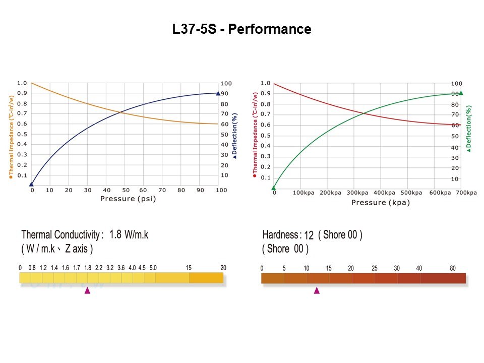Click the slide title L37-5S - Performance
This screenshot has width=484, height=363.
[241, 29]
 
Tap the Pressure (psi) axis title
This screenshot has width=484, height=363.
[128, 199]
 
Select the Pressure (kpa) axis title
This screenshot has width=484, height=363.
[381, 203]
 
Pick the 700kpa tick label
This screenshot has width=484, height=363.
[467, 193]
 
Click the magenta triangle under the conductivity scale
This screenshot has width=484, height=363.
[87, 290]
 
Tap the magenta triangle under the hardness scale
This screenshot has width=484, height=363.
[317, 290]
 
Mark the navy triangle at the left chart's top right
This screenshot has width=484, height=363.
[218, 93]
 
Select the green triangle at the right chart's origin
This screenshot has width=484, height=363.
[274, 188]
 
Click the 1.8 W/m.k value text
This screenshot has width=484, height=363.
[129, 234]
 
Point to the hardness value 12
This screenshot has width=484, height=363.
[309, 235]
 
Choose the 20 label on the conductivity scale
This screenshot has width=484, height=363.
[223, 268]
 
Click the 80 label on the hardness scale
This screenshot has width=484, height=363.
[452, 268]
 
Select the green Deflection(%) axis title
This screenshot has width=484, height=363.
[469, 129]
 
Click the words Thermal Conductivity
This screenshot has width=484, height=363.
[60, 235]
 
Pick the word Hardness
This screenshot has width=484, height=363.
[280, 235]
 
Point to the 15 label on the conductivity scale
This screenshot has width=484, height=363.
[189, 268]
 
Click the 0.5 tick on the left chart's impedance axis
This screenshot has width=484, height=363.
[22, 135]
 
